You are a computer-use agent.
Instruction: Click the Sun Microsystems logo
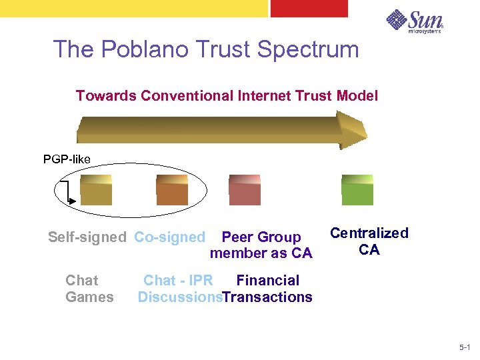coord(414,21)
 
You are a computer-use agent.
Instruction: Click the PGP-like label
coord(67,159)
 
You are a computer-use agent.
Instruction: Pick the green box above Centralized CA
coord(357,189)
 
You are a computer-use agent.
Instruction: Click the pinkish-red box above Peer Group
coord(245,189)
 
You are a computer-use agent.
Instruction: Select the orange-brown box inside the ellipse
coord(172,189)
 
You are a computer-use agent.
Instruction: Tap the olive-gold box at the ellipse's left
coord(95,189)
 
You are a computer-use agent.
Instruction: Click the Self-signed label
coord(87,237)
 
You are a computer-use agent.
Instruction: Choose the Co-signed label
coord(169,237)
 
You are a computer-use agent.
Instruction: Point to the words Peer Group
coord(261,237)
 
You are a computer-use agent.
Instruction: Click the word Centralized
coord(369,233)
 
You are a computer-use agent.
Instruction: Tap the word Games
coord(89,297)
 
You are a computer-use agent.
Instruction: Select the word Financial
coord(267,281)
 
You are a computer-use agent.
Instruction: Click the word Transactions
coord(267,297)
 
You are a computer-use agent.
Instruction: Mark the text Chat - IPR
coord(178,281)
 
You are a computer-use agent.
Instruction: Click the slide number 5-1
coord(465,347)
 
